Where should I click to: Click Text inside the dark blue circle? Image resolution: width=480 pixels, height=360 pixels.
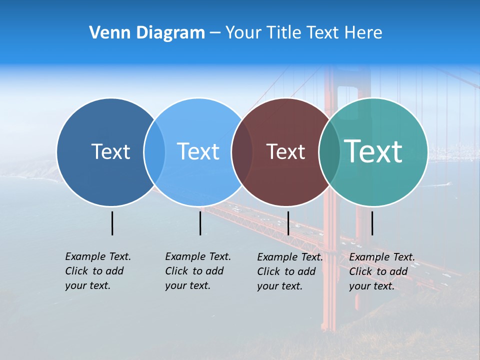point(110,151)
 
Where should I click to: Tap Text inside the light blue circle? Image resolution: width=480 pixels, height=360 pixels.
point(198,151)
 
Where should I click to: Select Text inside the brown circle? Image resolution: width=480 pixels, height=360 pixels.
point(285,151)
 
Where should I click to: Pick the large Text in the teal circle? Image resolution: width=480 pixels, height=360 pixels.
point(373,151)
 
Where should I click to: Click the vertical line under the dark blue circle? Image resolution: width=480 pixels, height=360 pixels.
point(112,223)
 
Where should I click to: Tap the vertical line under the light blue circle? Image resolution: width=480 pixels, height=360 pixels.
point(200,223)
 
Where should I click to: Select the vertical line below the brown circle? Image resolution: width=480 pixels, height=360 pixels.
point(288,223)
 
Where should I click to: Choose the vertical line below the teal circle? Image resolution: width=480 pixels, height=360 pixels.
point(372,223)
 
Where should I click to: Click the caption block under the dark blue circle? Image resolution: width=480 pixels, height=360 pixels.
point(98,271)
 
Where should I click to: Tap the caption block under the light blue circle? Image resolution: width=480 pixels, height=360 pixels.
point(198,271)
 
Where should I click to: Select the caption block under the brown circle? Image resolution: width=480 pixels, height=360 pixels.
point(290,271)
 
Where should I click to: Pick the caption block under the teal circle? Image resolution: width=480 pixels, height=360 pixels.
point(382,271)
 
